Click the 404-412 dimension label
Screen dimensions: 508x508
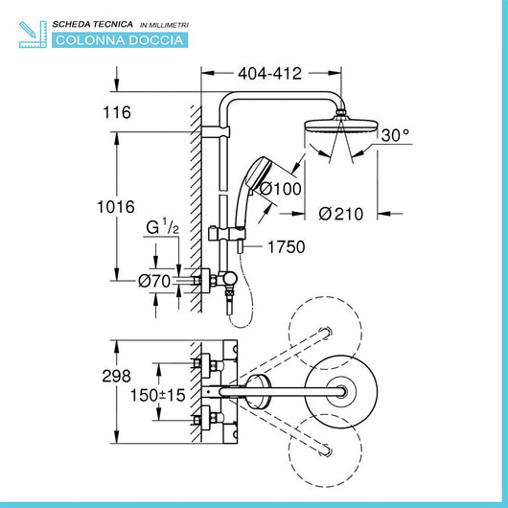point(269,71)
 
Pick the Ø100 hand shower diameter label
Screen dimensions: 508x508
point(281,188)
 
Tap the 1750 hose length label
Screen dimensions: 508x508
point(286,247)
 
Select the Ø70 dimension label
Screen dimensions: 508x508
point(155,281)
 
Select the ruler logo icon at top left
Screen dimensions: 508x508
point(33,32)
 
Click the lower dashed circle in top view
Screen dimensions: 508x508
point(324,449)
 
